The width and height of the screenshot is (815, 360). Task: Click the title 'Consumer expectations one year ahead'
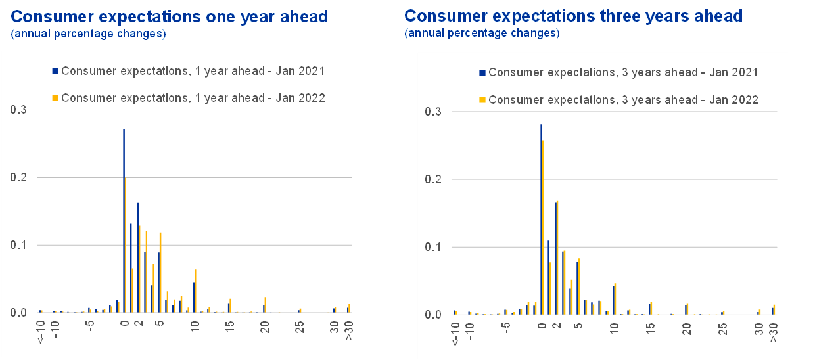(x=170, y=16)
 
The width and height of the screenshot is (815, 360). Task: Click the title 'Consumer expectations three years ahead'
(x=573, y=16)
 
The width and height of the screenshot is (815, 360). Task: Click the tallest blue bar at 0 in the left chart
(x=124, y=221)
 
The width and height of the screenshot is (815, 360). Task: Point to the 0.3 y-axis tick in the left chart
(x=18, y=110)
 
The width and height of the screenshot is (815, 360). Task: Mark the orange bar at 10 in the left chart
(x=196, y=291)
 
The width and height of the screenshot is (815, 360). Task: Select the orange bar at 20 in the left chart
(x=266, y=305)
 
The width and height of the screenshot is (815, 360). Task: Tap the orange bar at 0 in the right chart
(x=544, y=227)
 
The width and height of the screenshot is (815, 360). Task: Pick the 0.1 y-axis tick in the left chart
(x=18, y=245)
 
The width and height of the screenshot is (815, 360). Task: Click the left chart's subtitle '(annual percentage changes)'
(x=88, y=34)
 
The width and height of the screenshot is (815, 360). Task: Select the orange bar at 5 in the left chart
(x=160, y=273)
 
